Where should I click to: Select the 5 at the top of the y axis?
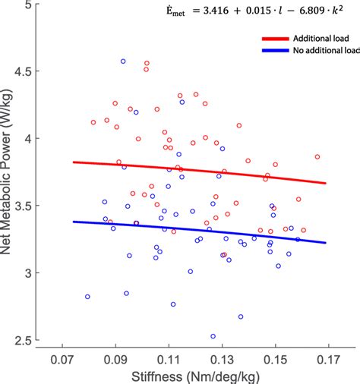[x=35, y=6]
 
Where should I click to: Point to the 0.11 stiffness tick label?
[x=168, y=357]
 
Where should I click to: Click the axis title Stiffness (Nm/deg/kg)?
[x=194, y=375]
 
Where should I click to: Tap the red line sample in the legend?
[x=276, y=39]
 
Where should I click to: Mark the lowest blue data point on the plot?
[x=213, y=335]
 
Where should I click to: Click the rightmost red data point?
[x=317, y=157]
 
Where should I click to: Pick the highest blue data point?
[x=123, y=61]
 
